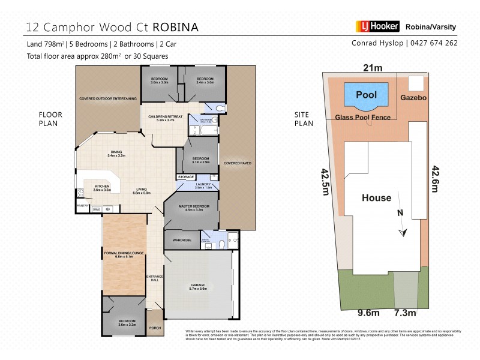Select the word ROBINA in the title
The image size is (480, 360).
(x=176, y=27)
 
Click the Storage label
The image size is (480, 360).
(x=185, y=177)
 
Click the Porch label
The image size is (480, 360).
(x=155, y=328)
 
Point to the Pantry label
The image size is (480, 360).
(x=83, y=206)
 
